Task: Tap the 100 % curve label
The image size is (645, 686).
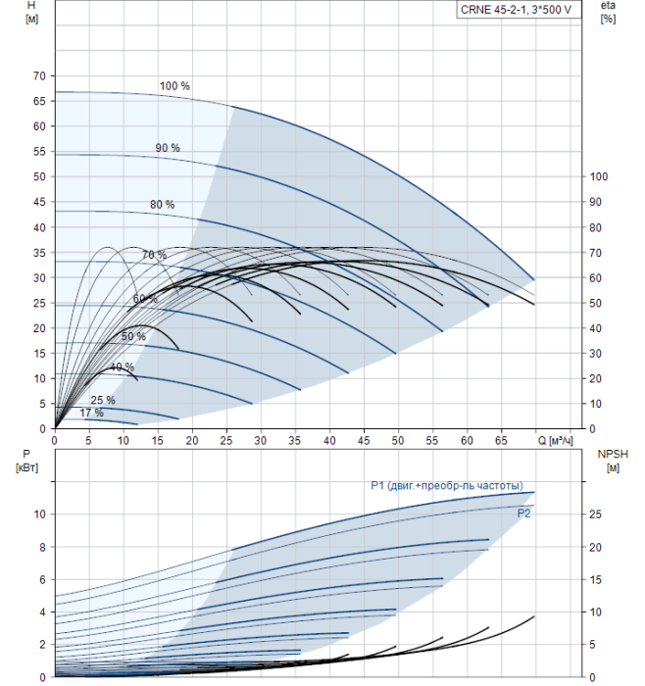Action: coord(174,86)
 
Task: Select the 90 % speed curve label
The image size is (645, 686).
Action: coord(168,148)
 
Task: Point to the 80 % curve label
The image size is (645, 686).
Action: coord(162,205)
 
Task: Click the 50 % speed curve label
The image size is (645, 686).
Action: coord(133,337)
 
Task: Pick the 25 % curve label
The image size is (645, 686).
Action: coord(103,400)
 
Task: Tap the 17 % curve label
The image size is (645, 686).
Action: coord(91,414)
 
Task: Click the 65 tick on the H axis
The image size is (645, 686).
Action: coord(39,101)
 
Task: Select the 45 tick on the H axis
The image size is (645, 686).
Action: coord(39,202)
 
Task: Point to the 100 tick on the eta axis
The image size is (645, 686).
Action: coord(599,176)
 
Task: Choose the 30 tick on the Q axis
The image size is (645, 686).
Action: coord(261,442)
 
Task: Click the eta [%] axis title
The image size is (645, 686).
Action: coord(608,13)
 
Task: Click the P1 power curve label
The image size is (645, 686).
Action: coord(446,486)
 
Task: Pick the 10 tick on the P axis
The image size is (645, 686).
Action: coord(39,514)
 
